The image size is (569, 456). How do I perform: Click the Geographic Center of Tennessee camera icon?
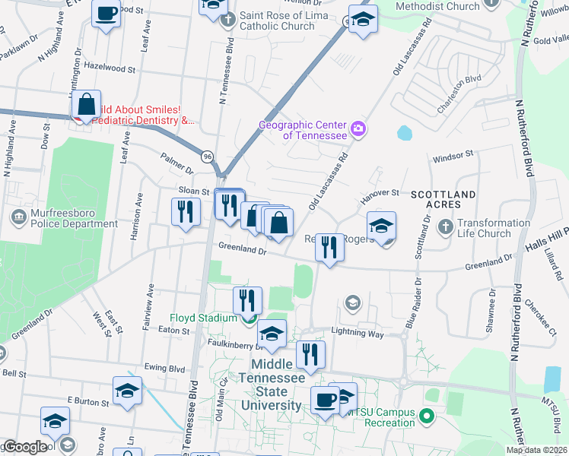(x=358, y=130)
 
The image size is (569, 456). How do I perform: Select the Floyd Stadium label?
(x=202, y=318)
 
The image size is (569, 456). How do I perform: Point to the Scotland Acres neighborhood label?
(x=443, y=200)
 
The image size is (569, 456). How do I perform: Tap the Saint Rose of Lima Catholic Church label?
(x=277, y=21)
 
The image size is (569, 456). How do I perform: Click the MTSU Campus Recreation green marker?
(x=426, y=416)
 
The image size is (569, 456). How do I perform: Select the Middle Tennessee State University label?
(x=272, y=385)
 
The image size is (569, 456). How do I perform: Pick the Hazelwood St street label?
(x=110, y=68)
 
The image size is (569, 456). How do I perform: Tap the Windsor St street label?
(x=453, y=155)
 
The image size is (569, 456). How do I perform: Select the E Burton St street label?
(x=89, y=400)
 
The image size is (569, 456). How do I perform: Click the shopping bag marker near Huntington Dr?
(x=87, y=106)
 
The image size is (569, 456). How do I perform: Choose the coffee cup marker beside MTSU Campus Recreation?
(x=325, y=400)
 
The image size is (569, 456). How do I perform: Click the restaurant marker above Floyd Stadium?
(x=247, y=300)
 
